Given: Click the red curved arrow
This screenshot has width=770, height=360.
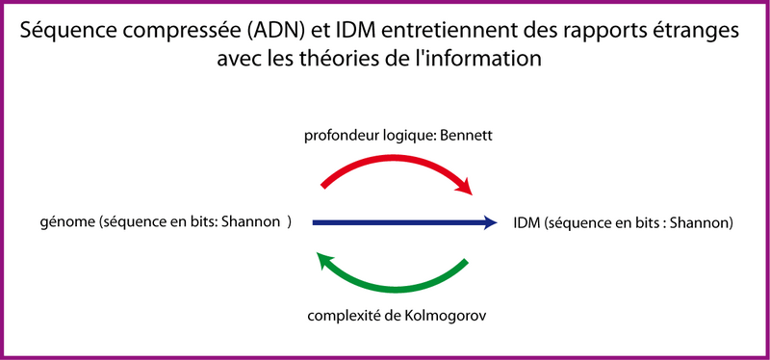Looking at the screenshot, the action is tap(395, 165).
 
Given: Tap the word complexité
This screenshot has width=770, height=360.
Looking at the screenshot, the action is tap(342, 315).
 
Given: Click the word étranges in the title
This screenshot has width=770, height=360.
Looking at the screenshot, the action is tap(693, 31).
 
